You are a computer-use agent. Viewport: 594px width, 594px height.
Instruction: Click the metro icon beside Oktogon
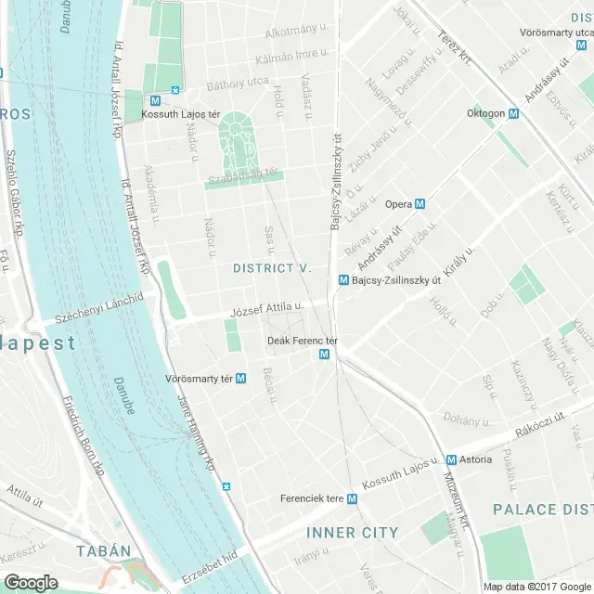[x=513, y=114]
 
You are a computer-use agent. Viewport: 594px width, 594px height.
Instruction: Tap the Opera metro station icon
[x=420, y=204]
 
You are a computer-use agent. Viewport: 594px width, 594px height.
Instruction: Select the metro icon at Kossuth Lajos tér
[x=175, y=91]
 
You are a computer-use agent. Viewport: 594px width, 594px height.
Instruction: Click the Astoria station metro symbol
[x=450, y=460]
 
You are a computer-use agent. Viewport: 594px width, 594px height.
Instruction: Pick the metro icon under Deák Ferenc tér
[x=324, y=355]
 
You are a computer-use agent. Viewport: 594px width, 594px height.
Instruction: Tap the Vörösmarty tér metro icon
[x=241, y=379]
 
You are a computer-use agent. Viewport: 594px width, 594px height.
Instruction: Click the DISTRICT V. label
[x=272, y=267]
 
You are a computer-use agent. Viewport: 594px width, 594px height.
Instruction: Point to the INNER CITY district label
[x=352, y=533]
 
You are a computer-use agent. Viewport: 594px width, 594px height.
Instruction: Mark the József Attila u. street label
[x=265, y=307]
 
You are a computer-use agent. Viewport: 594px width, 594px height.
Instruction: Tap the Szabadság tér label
[x=244, y=173]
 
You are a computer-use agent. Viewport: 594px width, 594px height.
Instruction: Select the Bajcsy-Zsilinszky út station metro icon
[x=343, y=279]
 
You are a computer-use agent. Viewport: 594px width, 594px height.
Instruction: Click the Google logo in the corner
[x=31, y=582]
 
